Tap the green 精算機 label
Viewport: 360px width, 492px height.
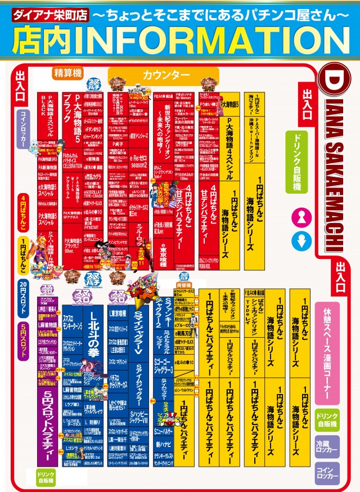click(x=68, y=73)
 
